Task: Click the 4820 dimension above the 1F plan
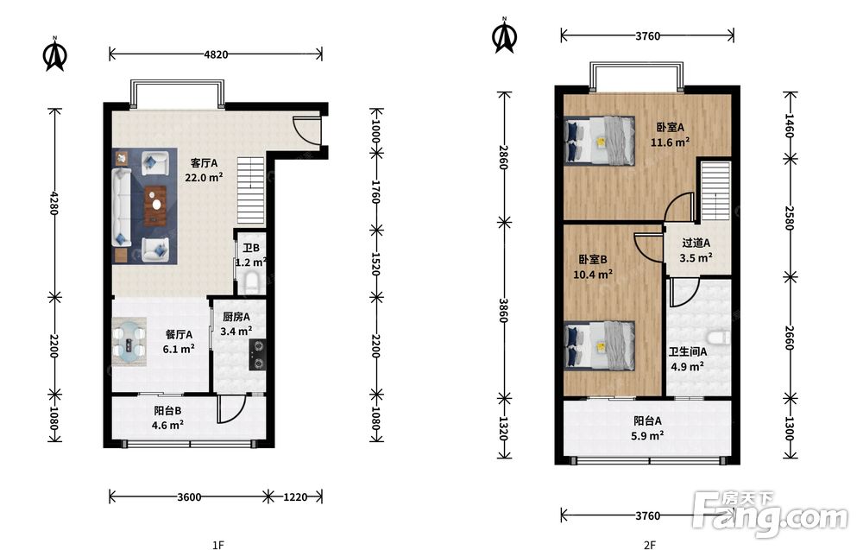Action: [x=216, y=54]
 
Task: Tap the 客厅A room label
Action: [x=205, y=163]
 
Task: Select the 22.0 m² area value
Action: [x=204, y=177]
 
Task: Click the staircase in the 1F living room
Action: [x=251, y=190]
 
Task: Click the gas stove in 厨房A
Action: [x=257, y=354]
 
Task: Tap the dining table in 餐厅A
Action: [x=129, y=345]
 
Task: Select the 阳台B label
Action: [x=168, y=411]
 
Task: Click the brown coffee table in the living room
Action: [x=155, y=205]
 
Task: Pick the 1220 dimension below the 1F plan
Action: [x=295, y=497]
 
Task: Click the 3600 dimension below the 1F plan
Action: [x=189, y=497]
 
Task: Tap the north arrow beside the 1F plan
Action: [x=55, y=54]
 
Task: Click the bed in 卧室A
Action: [x=600, y=141]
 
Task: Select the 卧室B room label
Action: [x=593, y=259]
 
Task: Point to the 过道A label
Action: [x=696, y=243]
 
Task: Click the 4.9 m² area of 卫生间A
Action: [x=688, y=366]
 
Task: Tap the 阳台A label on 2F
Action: [x=648, y=421]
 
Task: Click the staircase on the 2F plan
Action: [x=715, y=191]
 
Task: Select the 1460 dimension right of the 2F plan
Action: [x=790, y=125]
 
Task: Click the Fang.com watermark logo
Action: [x=771, y=515]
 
